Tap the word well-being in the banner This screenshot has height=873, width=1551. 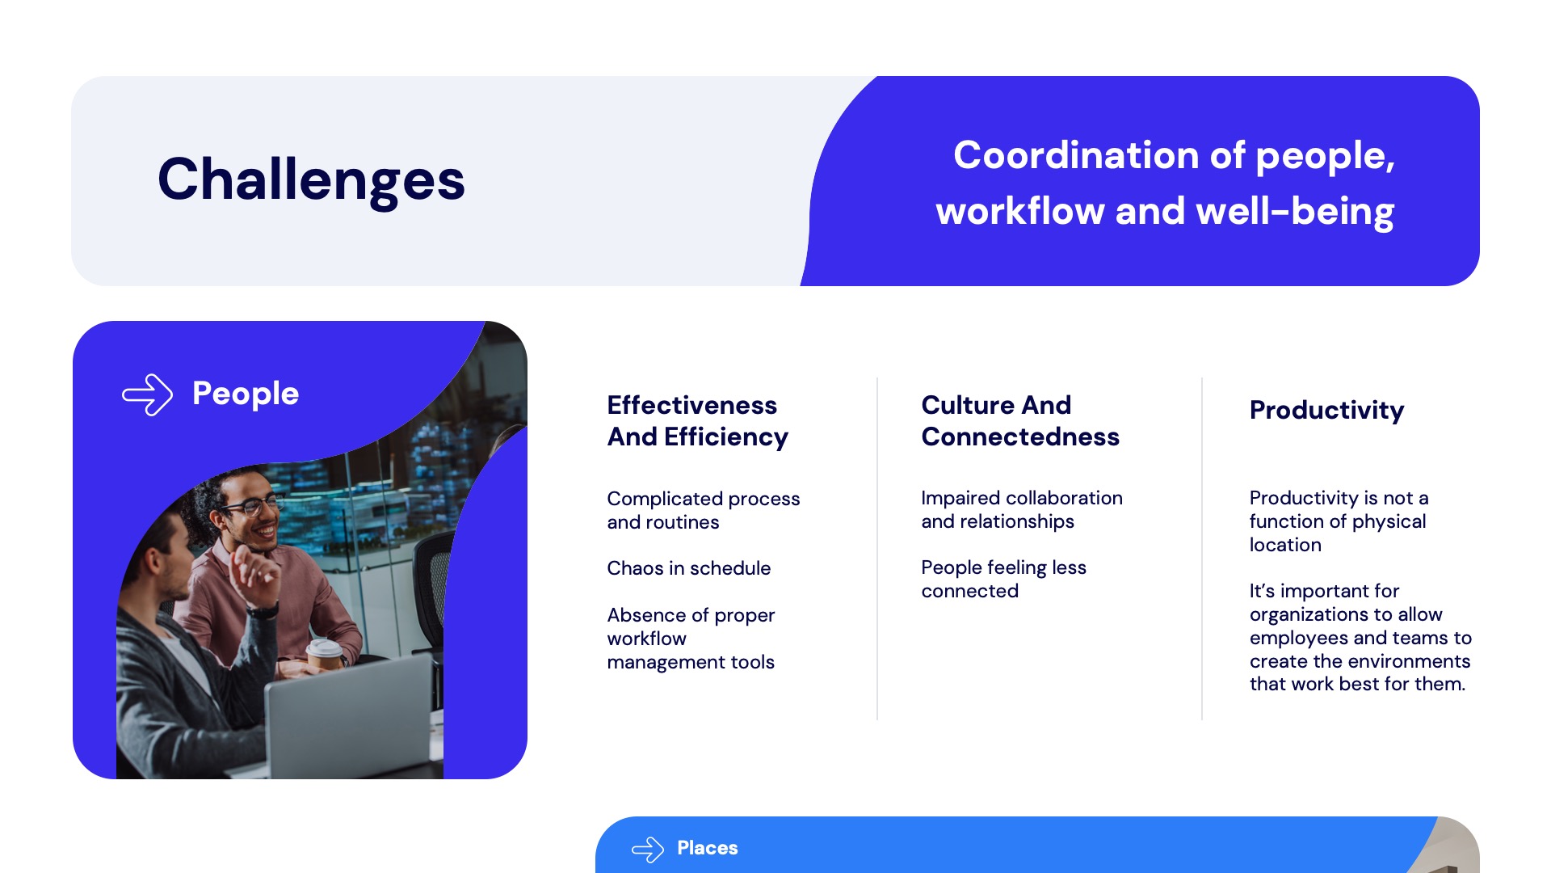click(x=1295, y=213)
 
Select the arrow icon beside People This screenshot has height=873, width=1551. click(x=147, y=394)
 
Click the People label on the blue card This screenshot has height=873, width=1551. click(x=246, y=394)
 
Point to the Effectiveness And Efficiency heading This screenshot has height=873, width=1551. click(x=697, y=420)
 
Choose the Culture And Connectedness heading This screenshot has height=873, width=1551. click(x=1020, y=420)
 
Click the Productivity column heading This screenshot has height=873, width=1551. click(x=1326, y=411)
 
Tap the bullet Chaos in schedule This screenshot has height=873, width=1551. click(x=688, y=568)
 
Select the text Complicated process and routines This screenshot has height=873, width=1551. click(x=703, y=510)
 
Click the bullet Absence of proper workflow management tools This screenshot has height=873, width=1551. click(x=691, y=639)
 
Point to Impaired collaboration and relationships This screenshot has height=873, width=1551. click(x=1022, y=509)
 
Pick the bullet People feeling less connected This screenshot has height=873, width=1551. click(x=1003, y=579)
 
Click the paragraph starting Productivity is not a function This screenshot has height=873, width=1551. click(x=1339, y=521)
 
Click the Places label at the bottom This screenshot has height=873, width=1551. click(x=707, y=848)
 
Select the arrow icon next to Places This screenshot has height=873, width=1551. click(x=647, y=850)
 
